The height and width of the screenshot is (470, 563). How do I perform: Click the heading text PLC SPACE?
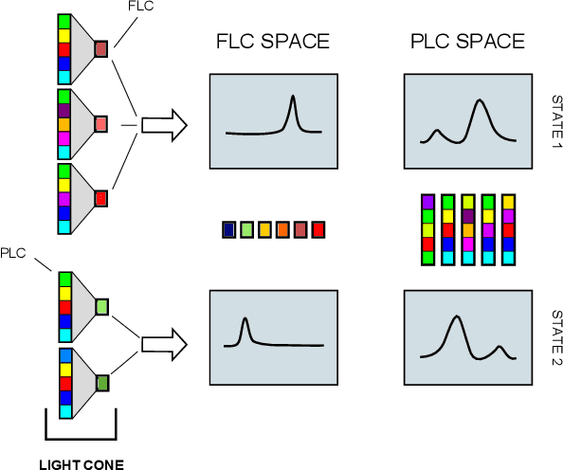pos(467,42)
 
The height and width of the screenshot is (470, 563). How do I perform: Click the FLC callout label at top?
pos(141,8)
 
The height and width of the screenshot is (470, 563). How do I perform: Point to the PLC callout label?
pos(15,253)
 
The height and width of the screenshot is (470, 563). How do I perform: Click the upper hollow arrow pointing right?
pos(163,123)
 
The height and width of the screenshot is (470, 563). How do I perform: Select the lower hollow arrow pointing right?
pos(163,345)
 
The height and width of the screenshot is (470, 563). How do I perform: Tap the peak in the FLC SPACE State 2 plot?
pos(245,320)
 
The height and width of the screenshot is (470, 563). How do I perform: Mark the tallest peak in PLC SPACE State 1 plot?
pos(480,101)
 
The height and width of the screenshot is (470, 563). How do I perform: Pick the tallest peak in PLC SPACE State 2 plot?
pos(457,317)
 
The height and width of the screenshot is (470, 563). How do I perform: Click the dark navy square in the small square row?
pos(227,229)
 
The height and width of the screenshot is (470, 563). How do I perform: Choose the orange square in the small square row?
pos(282,229)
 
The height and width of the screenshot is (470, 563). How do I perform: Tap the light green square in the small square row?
pos(245,229)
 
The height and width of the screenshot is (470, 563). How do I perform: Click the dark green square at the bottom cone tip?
pos(102,384)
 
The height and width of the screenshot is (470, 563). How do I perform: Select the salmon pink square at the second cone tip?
pos(101,123)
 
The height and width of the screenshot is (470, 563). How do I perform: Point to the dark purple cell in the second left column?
pos(64,110)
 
